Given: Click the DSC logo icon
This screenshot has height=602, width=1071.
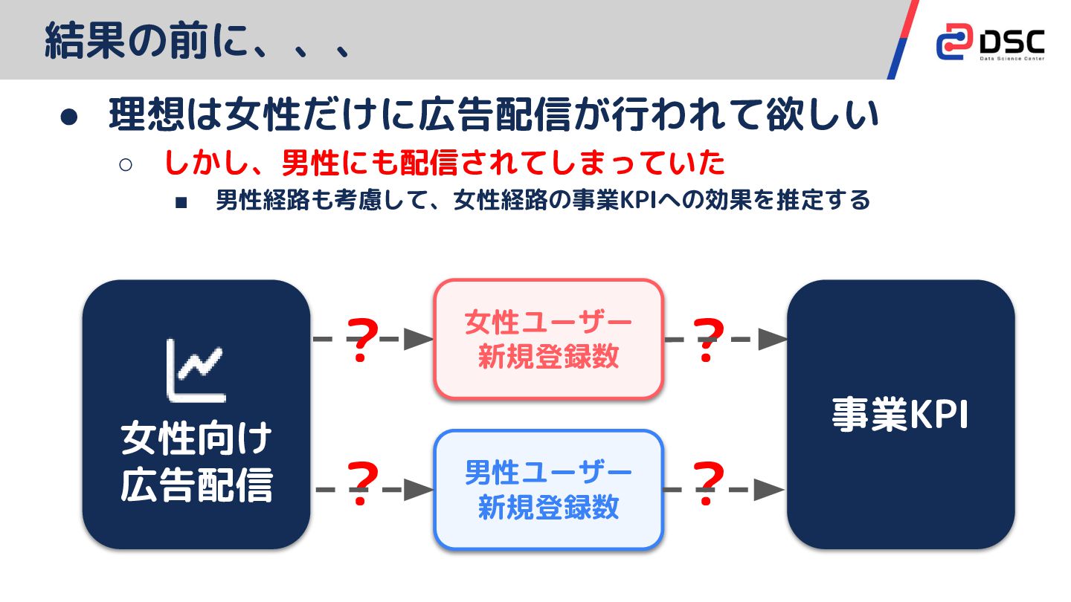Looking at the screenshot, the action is tap(954, 41).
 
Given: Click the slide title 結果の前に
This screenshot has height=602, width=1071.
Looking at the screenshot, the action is tap(197, 41).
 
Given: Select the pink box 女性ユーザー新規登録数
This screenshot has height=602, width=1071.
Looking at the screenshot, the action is tap(548, 339).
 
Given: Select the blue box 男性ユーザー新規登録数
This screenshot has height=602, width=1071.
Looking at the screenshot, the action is tap(548, 490).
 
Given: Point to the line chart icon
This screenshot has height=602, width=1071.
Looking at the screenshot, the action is tap(196, 370).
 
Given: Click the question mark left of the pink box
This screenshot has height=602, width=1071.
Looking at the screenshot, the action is tap(362, 340).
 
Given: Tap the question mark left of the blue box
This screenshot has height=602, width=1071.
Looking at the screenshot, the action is tap(362, 484).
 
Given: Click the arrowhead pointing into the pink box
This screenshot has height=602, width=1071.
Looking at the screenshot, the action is tap(419, 340).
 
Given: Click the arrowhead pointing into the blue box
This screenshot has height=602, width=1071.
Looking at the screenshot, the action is tap(419, 490).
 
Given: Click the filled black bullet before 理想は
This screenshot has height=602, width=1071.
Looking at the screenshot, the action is tap(68, 118).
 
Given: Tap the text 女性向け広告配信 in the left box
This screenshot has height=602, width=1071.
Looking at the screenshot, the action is tap(196, 463).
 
